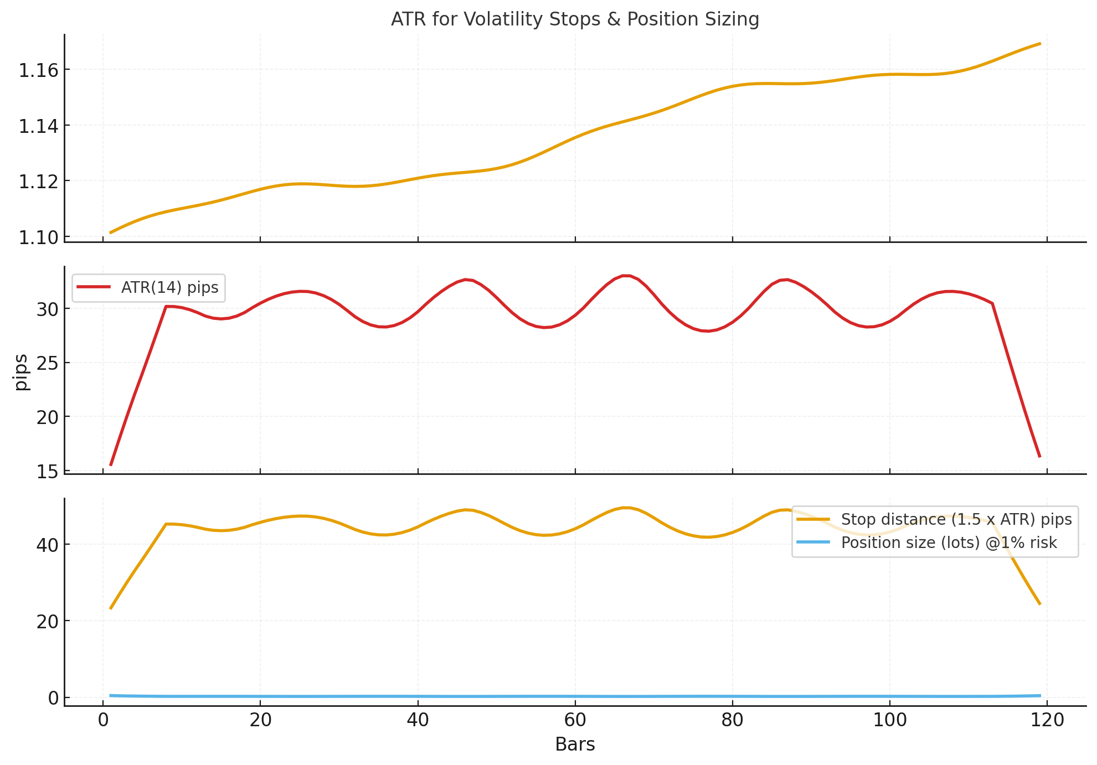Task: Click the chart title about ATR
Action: (x=575, y=19)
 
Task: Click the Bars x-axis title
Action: (x=575, y=745)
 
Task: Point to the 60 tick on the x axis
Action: (x=575, y=720)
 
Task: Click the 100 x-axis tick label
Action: (x=889, y=720)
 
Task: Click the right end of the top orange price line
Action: (x=1040, y=43)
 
